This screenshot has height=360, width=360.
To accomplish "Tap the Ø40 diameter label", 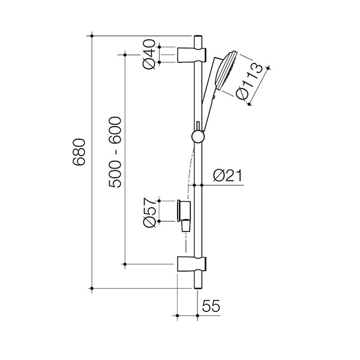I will click(149, 54).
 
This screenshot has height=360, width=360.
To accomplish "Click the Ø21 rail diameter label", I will click(227, 176).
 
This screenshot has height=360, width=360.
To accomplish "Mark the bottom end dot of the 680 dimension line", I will click(91, 289).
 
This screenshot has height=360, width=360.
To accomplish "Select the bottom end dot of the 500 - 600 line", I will click(125, 263).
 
